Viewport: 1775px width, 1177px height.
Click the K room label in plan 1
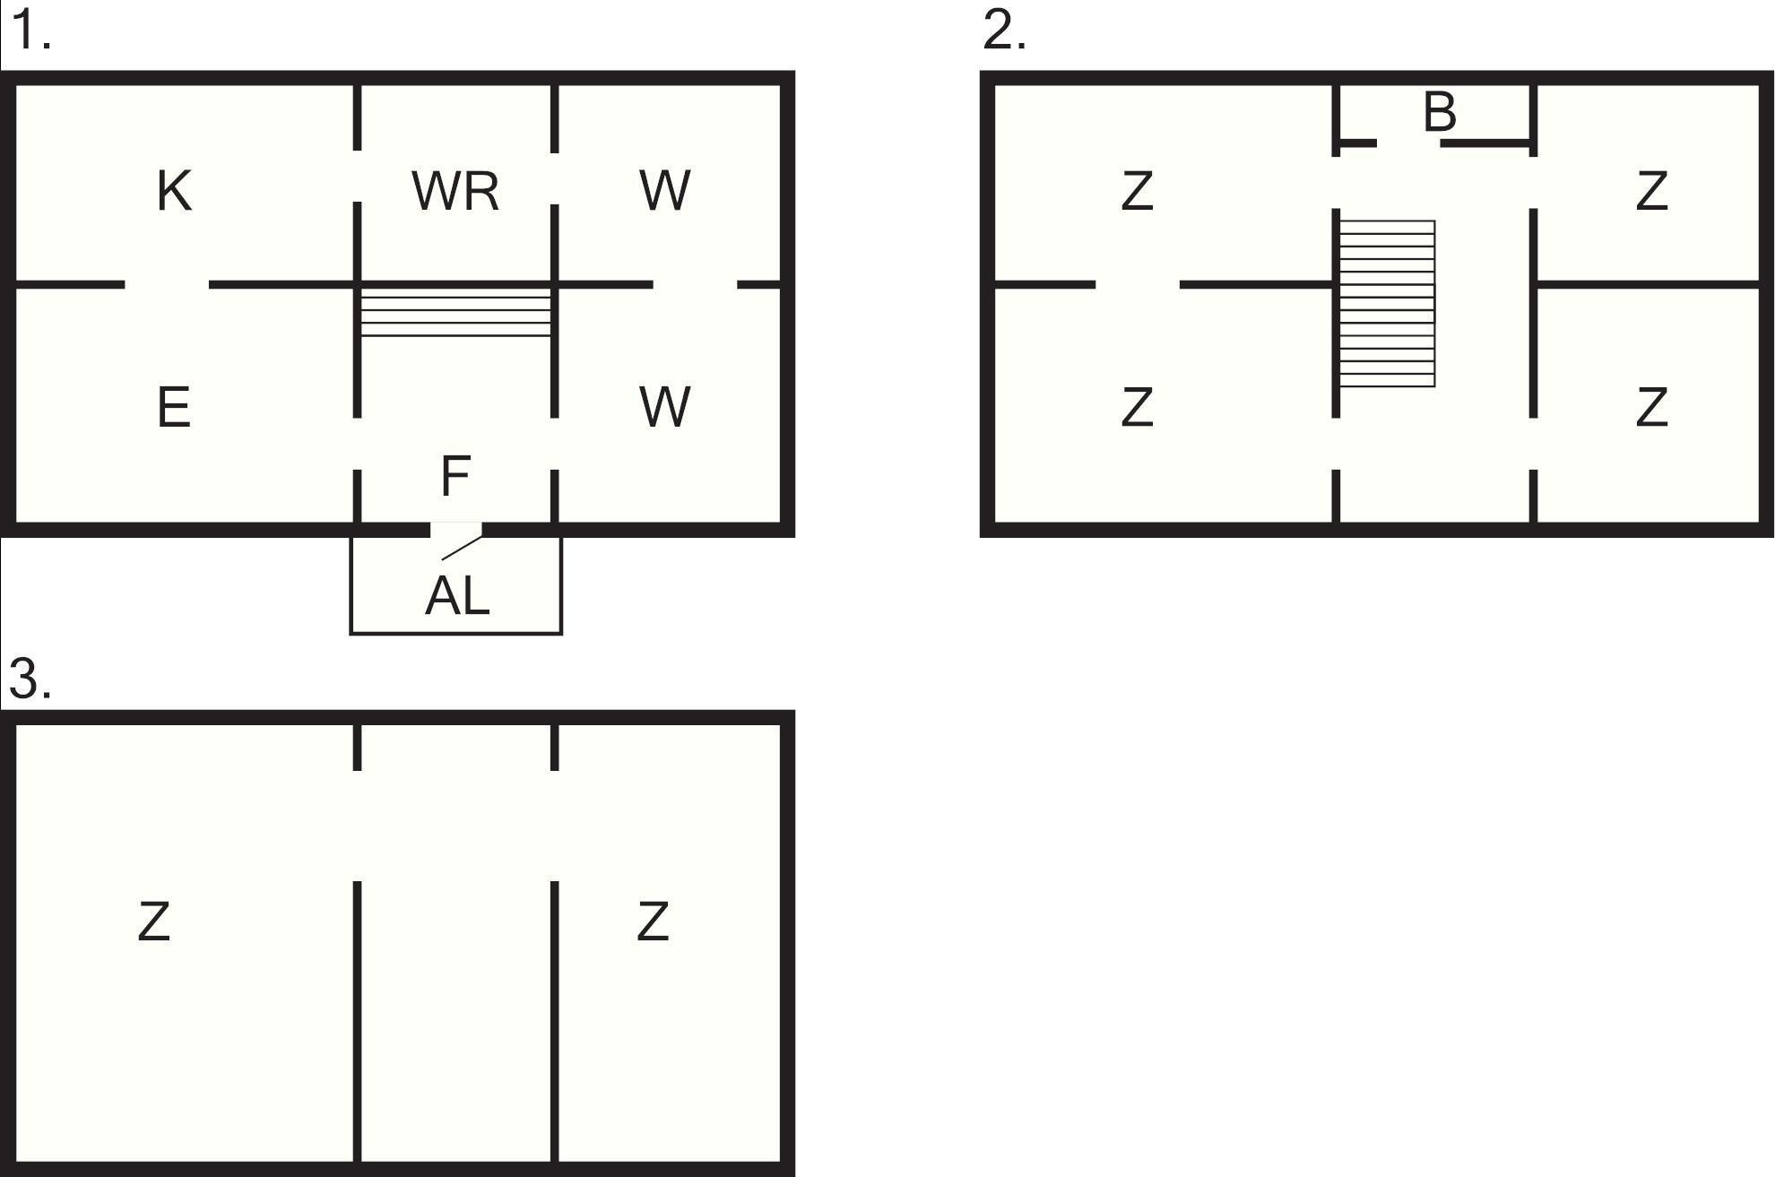tap(174, 191)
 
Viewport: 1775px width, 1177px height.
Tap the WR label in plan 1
tap(455, 191)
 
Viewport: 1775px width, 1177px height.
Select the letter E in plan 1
tap(174, 407)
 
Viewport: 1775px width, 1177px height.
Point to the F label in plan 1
tap(456, 475)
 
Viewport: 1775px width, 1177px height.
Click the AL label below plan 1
tap(457, 596)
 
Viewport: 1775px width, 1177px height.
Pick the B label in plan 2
tap(1440, 113)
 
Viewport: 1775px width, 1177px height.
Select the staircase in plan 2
tap(1388, 304)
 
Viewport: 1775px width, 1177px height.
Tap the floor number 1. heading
tap(30, 31)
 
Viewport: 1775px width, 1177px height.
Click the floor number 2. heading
tap(1004, 31)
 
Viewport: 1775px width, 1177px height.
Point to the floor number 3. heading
tap(30, 679)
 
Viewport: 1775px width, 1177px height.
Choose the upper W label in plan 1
tap(665, 191)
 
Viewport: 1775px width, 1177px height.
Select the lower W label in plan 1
tap(665, 407)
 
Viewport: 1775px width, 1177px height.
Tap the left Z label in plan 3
tap(154, 922)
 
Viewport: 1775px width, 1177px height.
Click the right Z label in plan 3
tap(653, 922)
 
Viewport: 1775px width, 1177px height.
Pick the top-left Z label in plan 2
tap(1138, 191)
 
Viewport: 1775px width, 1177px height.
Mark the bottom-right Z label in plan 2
tap(1652, 407)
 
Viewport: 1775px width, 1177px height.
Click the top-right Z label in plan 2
tap(1652, 191)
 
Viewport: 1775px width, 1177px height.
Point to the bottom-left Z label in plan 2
tap(1138, 407)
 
